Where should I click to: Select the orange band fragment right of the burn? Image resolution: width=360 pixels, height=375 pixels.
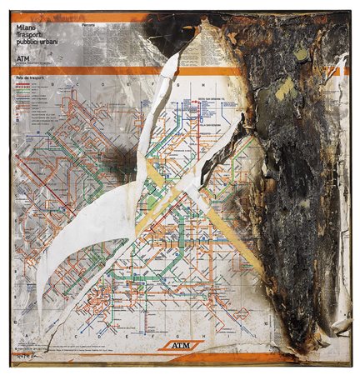pos(341,71)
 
